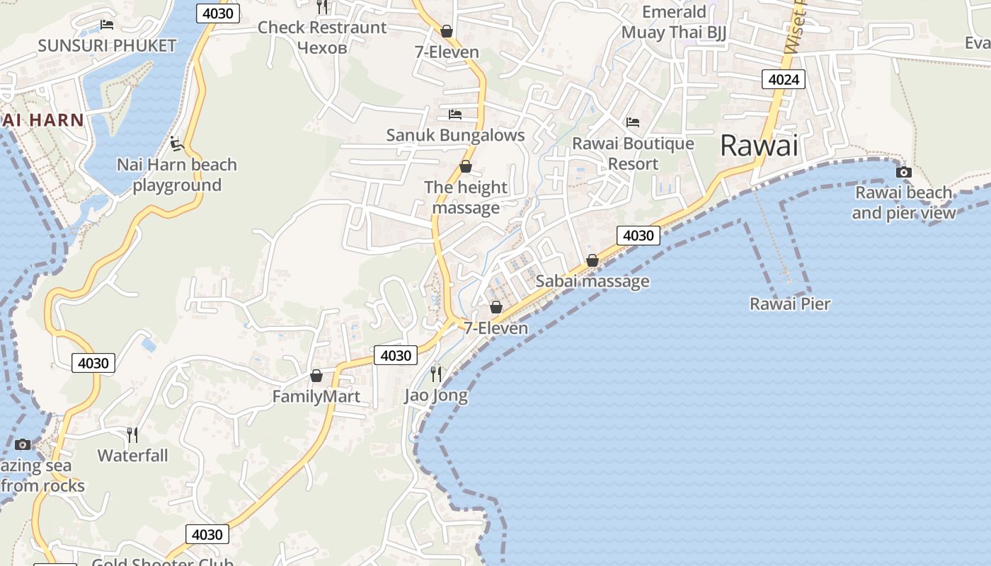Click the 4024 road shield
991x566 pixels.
click(x=784, y=79)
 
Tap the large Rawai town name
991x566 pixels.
click(x=759, y=146)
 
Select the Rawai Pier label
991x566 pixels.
click(x=790, y=304)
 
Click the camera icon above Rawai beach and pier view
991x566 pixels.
click(x=903, y=172)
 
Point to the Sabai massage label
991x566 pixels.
click(x=592, y=281)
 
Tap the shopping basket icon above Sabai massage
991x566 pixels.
click(x=592, y=260)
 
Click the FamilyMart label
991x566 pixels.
click(x=316, y=396)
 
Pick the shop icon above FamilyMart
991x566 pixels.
click(x=316, y=376)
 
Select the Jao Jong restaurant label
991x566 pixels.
click(x=436, y=395)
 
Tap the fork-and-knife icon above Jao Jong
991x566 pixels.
click(x=436, y=374)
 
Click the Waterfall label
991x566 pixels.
click(x=133, y=455)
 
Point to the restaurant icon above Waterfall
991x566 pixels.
click(x=132, y=434)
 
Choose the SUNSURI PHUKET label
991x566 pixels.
click(x=107, y=46)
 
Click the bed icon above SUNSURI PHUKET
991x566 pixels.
click(x=107, y=25)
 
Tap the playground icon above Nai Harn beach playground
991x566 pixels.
click(x=176, y=144)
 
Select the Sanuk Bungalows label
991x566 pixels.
click(x=455, y=135)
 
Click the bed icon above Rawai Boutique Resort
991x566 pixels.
click(x=633, y=122)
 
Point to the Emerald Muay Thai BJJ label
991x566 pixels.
click(x=674, y=23)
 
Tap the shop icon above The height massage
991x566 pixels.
click(x=466, y=167)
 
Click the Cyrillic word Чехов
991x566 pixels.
click(x=322, y=47)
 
